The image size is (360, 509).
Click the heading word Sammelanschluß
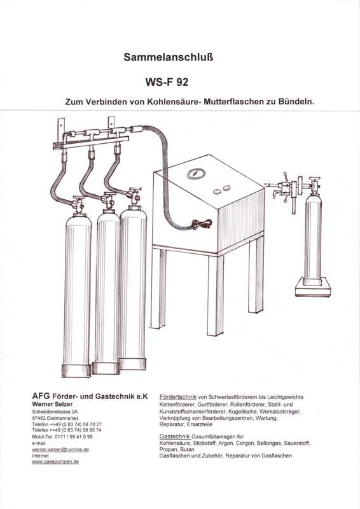coord(168,57)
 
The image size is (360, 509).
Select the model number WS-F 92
coord(167,82)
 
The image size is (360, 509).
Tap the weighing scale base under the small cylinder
coord(313,287)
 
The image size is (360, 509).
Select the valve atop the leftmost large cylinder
coord(78,204)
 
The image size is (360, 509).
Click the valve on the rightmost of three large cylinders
coord(134,197)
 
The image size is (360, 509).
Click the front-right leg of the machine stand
coord(215,294)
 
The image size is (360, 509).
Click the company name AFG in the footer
coord(41,396)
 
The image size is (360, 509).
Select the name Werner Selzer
coord(52,404)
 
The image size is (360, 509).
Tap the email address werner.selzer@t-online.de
coord(60,450)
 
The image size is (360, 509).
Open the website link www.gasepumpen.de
coord(55,462)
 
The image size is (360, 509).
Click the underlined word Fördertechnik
coord(178,396)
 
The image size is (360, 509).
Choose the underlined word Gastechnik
coord(175,436)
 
